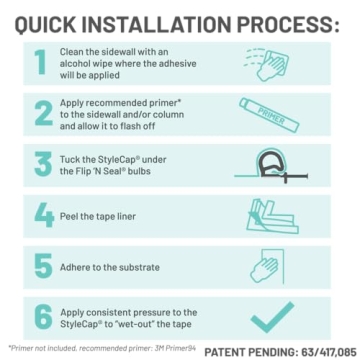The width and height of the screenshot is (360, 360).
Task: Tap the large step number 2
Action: [40, 115]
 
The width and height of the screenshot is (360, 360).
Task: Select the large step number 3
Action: [40, 163]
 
